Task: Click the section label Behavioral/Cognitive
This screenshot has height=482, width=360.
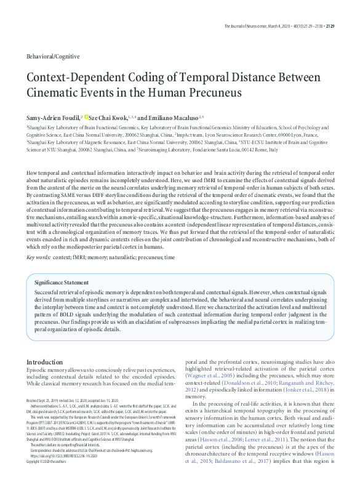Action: point(53,56)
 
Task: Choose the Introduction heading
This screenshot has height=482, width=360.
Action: point(49,361)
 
